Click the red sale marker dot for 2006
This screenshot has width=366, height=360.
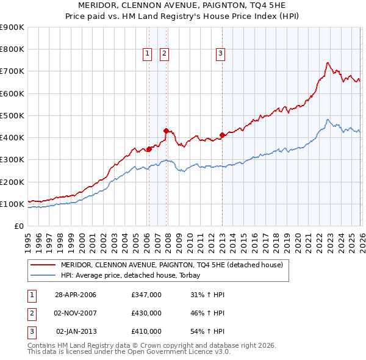tap(148, 149)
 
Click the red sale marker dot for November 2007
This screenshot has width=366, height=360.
tap(165, 131)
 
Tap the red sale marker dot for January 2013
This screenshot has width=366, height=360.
tap(222, 135)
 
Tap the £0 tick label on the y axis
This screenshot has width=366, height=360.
tap(18, 226)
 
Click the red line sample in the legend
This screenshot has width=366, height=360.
tap(43, 265)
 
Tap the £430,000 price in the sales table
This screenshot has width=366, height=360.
tap(146, 312)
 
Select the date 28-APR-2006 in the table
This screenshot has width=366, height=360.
tap(76, 294)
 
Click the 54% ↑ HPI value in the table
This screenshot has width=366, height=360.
tap(207, 331)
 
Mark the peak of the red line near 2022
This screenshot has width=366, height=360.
tap(328, 62)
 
